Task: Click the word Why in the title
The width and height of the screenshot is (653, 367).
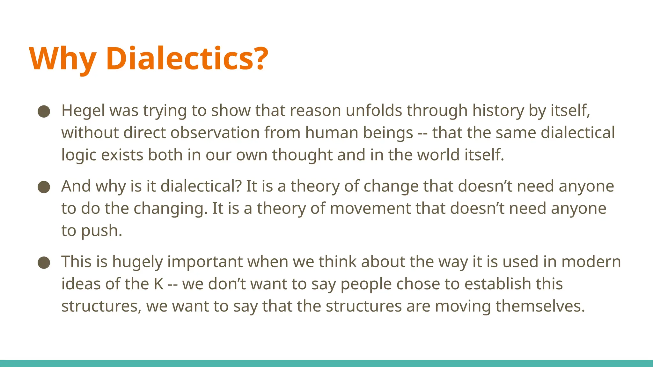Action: tap(62, 59)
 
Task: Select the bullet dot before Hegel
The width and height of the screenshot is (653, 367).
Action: tap(44, 112)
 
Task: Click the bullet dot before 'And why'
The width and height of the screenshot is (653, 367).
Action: tap(44, 187)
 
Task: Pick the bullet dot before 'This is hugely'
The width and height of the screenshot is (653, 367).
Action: tap(44, 263)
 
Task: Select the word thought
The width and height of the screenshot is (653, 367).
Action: tap(302, 155)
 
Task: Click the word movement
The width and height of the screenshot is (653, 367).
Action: tap(370, 209)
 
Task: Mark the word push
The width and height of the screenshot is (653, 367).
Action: tap(101, 231)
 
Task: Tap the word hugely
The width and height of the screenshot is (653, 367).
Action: tap(137, 262)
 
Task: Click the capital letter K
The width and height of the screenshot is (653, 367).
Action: tap(158, 284)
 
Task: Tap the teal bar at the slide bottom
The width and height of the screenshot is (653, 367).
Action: tap(326, 363)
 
